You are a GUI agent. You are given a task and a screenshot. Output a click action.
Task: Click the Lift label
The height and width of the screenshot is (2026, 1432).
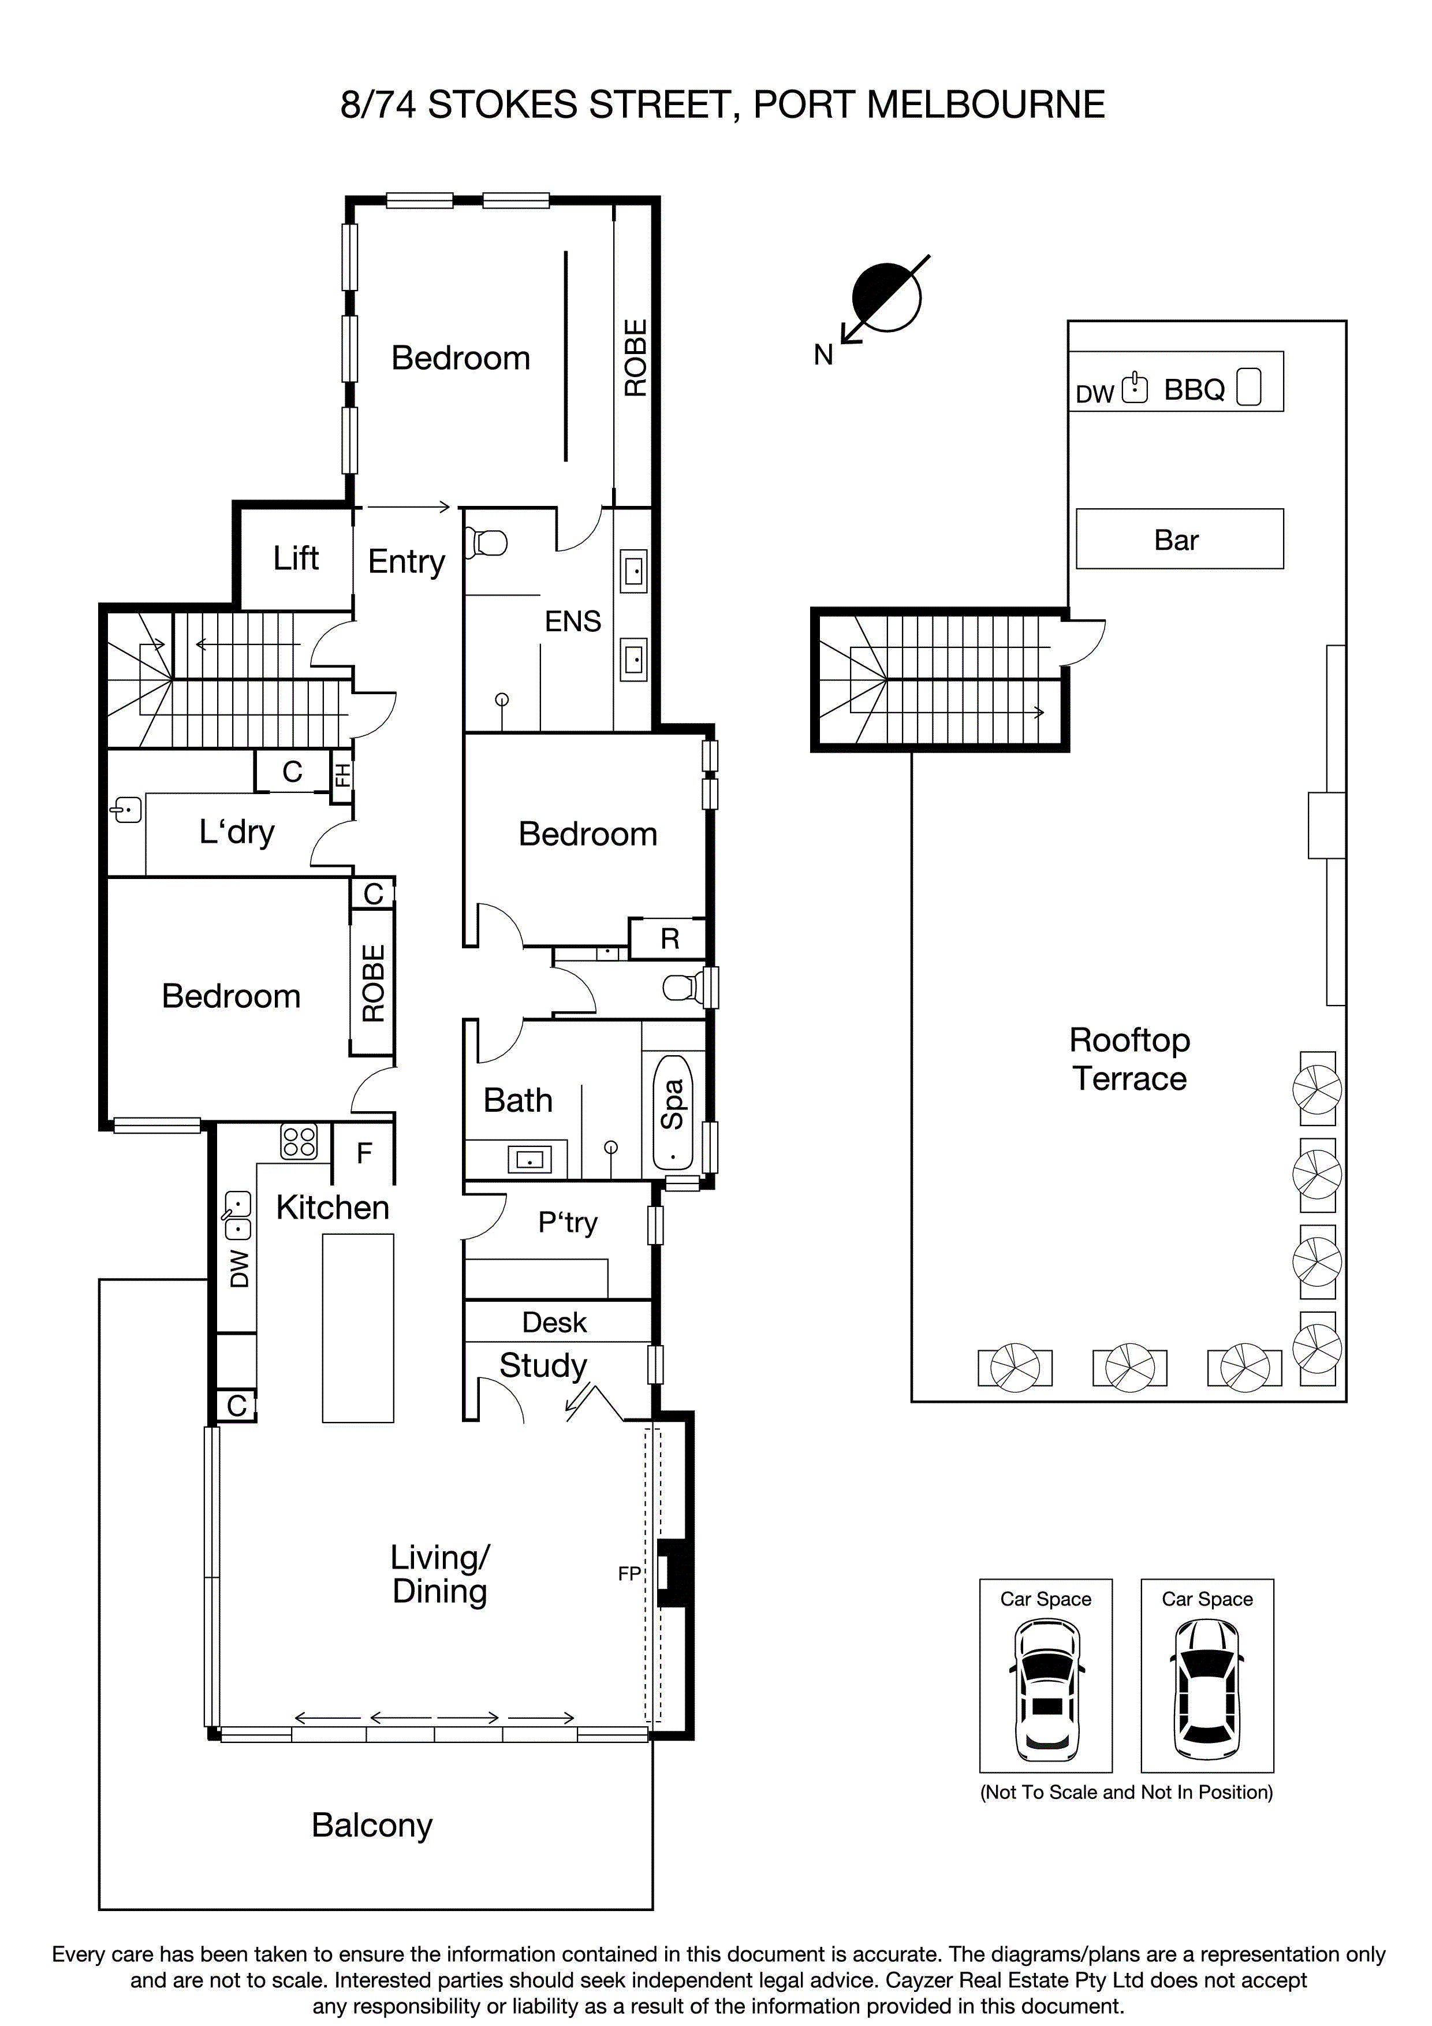(x=296, y=558)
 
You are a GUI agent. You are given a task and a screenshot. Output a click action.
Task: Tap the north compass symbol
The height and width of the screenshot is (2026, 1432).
(x=885, y=298)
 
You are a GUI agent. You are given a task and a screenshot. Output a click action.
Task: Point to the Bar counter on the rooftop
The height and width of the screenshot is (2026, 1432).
(x=1179, y=539)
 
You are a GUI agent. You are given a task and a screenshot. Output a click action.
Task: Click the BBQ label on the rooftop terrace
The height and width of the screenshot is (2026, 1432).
(x=1194, y=390)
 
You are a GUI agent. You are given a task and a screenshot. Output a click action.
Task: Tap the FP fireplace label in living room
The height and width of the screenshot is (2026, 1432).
(x=629, y=1573)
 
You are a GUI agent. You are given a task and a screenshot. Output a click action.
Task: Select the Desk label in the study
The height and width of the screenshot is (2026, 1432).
(x=554, y=1322)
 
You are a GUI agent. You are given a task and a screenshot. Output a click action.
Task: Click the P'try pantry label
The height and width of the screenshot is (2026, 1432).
(x=568, y=1222)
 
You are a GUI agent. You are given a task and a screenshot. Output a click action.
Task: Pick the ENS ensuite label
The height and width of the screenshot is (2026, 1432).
(x=573, y=622)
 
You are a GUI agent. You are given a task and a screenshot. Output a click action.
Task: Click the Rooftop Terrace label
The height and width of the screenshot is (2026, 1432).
(x=1129, y=1059)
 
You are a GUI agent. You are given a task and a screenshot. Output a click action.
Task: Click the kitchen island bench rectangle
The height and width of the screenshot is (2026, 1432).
(x=357, y=1328)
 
